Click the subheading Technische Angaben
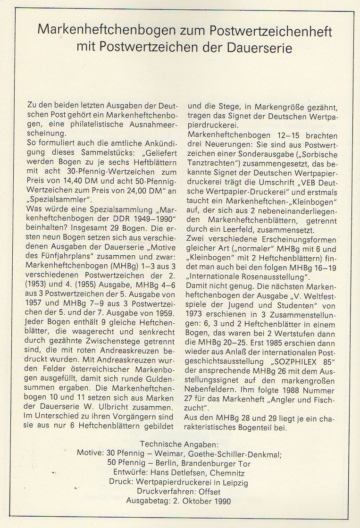pos(180,444)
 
